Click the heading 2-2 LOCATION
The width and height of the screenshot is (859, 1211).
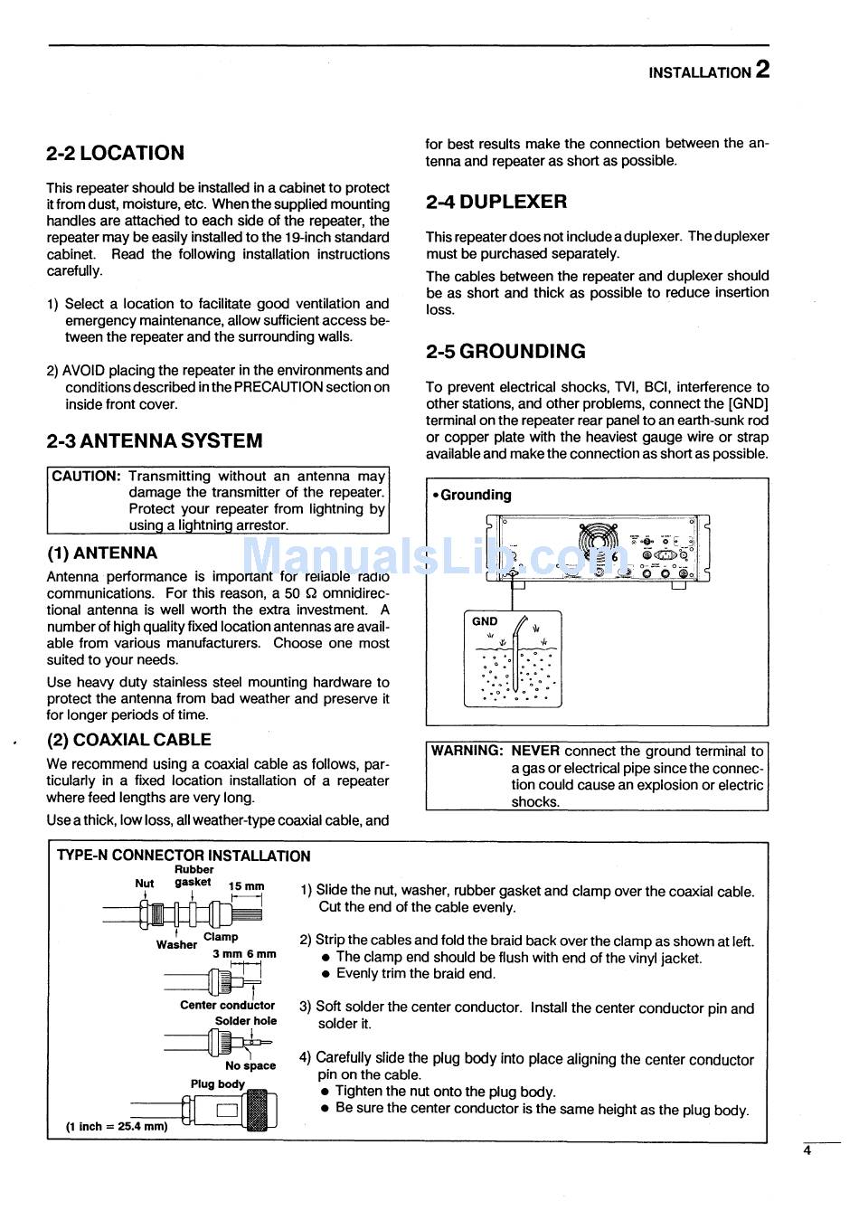115,153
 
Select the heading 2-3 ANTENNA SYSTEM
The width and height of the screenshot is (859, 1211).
155,441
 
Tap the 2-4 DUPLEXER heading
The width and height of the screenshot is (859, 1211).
496,202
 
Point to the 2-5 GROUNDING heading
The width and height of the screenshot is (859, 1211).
505,352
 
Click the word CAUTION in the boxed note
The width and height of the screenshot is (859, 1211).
87,476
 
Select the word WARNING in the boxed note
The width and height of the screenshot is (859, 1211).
467,751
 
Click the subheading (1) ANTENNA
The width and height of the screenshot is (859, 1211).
102,553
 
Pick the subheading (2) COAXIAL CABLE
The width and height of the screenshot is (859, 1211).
129,740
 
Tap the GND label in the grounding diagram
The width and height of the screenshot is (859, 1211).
485,621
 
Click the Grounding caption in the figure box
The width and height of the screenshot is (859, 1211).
474,496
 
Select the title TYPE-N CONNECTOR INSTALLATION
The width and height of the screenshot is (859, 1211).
184,856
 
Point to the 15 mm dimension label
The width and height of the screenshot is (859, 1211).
247,887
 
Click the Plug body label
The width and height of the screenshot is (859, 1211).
218,1083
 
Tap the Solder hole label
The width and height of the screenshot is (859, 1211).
246,1021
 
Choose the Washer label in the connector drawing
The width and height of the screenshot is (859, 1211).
176,944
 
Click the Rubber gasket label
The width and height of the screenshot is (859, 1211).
194,875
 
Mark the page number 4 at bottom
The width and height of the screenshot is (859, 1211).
807,1150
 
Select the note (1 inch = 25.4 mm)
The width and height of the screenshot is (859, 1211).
117,1127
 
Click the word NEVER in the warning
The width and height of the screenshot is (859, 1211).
535,751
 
